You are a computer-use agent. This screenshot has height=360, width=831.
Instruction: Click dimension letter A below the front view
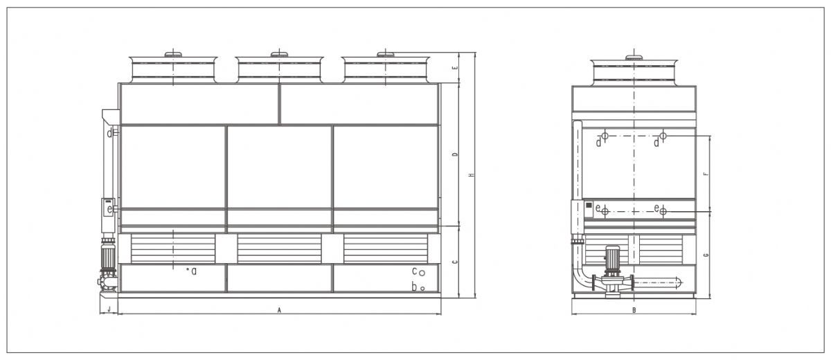[279, 311]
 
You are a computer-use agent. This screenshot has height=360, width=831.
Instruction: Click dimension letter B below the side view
[634, 310]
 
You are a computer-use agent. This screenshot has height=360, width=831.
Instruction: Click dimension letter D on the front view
[454, 154]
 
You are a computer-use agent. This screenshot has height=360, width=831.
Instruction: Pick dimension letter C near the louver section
[454, 262]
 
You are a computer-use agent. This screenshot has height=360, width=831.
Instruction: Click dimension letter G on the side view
[705, 255]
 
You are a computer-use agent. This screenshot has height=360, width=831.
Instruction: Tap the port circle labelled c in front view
[422, 271]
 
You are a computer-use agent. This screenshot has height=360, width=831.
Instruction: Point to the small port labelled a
[188, 270]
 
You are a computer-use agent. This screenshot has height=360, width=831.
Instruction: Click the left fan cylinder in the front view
[173, 69]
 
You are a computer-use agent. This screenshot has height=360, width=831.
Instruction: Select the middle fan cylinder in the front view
[279, 69]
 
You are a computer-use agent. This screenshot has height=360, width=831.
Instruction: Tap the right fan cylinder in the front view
[386, 69]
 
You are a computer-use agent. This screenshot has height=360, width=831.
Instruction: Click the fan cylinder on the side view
[633, 71]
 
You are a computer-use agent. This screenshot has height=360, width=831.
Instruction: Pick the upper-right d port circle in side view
[663, 136]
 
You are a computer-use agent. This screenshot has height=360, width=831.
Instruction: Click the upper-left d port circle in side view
[605, 136]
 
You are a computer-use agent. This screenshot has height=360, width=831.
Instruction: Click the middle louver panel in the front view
[279, 249]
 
